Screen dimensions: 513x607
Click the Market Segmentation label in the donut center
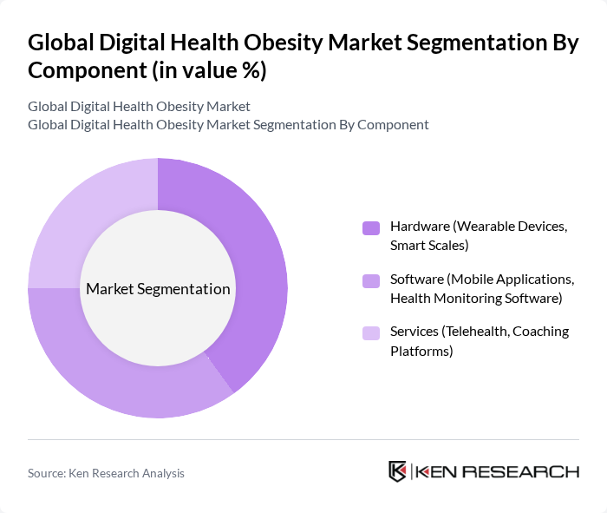158,289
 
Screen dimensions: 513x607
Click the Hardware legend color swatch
371,228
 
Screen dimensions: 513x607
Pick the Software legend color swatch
371,280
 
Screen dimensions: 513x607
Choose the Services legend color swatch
371,332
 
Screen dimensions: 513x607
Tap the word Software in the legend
417,280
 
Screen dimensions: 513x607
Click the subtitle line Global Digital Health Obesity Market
139,106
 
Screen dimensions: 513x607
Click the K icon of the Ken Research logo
398,471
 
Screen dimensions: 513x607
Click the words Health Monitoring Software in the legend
476,298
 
